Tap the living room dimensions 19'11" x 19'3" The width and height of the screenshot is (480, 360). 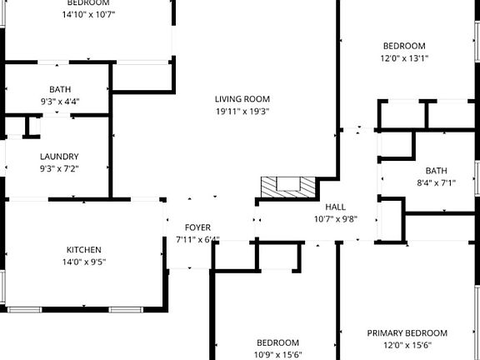click(x=242, y=111)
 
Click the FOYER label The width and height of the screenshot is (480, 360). click(x=197, y=227)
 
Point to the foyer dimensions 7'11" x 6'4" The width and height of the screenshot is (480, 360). click(x=197, y=240)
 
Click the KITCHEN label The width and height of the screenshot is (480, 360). click(x=84, y=249)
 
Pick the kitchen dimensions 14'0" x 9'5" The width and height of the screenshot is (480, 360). click(x=84, y=262)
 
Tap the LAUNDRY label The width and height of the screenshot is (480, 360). click(x=59, y=156)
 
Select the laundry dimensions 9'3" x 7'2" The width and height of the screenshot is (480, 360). click(x=59, y=168)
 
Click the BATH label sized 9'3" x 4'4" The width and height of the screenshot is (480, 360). click(x=59, y=89)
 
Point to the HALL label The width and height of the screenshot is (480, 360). click(x=335, y=207)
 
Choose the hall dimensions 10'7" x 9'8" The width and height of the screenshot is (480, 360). click(x=335, y=220)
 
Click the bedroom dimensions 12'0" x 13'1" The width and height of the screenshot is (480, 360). click(x=403, y=58)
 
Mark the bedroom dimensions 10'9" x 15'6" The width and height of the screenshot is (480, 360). click(x=278, y=355)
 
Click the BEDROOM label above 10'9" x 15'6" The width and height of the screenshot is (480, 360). click(x=278, y=342)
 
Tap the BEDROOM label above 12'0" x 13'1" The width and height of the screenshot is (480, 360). click(x=403, y=46)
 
